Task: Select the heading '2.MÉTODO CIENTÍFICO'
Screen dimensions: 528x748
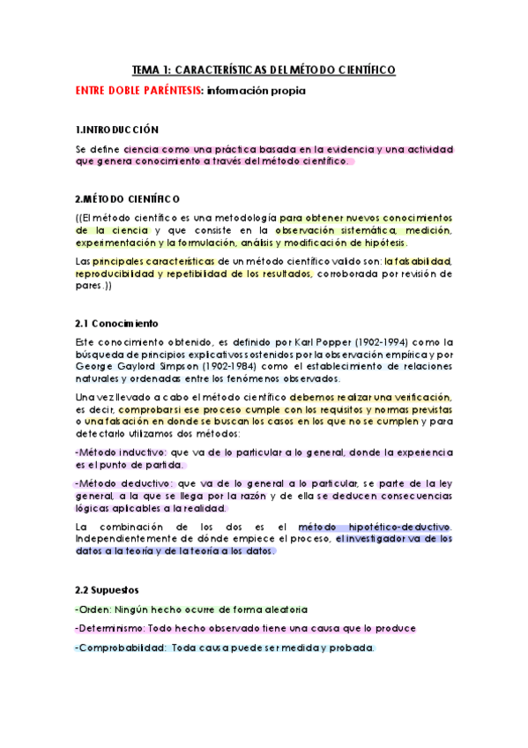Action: (128, 198)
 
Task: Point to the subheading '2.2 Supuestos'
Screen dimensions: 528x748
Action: (108, 587)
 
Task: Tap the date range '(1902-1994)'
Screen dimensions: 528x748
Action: (373, 341)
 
